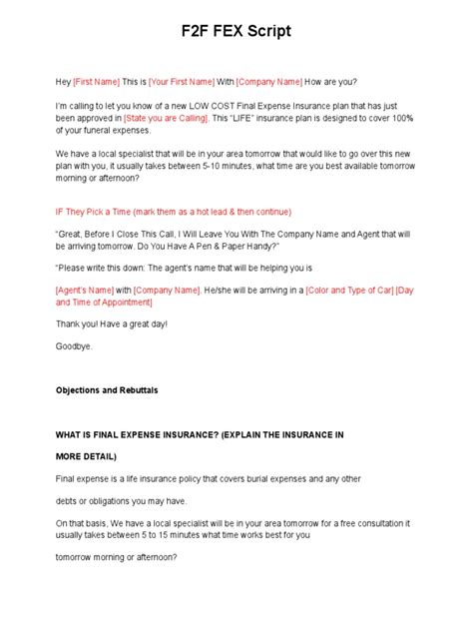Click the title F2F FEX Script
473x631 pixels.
pos(236,31)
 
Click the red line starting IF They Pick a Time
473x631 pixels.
pos(173,212)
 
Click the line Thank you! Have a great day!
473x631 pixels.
pos(112,323)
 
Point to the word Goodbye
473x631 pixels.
pos(74,344)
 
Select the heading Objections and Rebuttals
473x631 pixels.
pos(107,389)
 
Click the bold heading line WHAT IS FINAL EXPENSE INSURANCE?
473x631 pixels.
pos(199,435)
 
